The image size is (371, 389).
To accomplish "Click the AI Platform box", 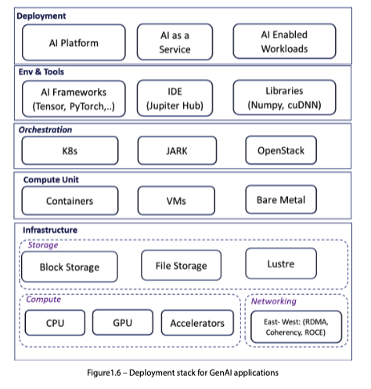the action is [74, 42].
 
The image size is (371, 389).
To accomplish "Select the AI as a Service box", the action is [175, 42].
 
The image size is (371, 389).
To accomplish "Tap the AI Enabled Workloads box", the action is [284, 42].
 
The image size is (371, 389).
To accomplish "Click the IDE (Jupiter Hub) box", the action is [175, 98].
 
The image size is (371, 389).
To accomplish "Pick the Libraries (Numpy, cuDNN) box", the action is [284, 97].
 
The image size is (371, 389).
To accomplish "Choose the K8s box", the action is [70, 151].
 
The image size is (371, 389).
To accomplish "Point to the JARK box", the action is [177, 151].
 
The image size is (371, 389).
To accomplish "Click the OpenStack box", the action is [281, 150].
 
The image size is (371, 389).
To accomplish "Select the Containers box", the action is [70, 201].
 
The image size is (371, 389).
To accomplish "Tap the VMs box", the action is [176, 201].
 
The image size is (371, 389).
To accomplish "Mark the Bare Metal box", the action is [281, 199].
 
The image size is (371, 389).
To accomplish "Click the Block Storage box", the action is [70, 267].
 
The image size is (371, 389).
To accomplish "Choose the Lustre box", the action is [281, 264].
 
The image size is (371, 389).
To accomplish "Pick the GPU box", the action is [123, 322].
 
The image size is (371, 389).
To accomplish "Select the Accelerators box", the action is [197, 323].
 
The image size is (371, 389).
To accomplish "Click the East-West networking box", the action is [296, 327].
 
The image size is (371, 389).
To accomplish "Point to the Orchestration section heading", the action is [45, 129].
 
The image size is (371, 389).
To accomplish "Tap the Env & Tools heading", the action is [41, 71].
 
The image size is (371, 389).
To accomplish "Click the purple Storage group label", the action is [43, 245].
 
